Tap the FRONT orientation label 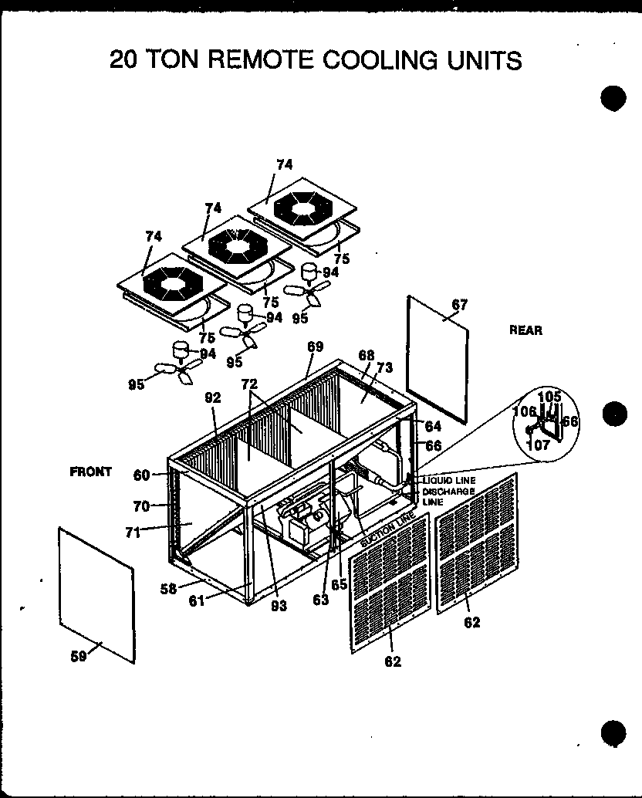point(90,472)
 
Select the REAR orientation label point(525,330)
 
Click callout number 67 point(460,305)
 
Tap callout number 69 point(315,346)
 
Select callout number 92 point(212,397)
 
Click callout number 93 point(279,607)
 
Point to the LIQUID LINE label point(449,481)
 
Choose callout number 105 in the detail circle point(549,396)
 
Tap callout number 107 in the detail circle point(539,445)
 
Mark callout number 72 point(248,384)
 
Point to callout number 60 point(141,475)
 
